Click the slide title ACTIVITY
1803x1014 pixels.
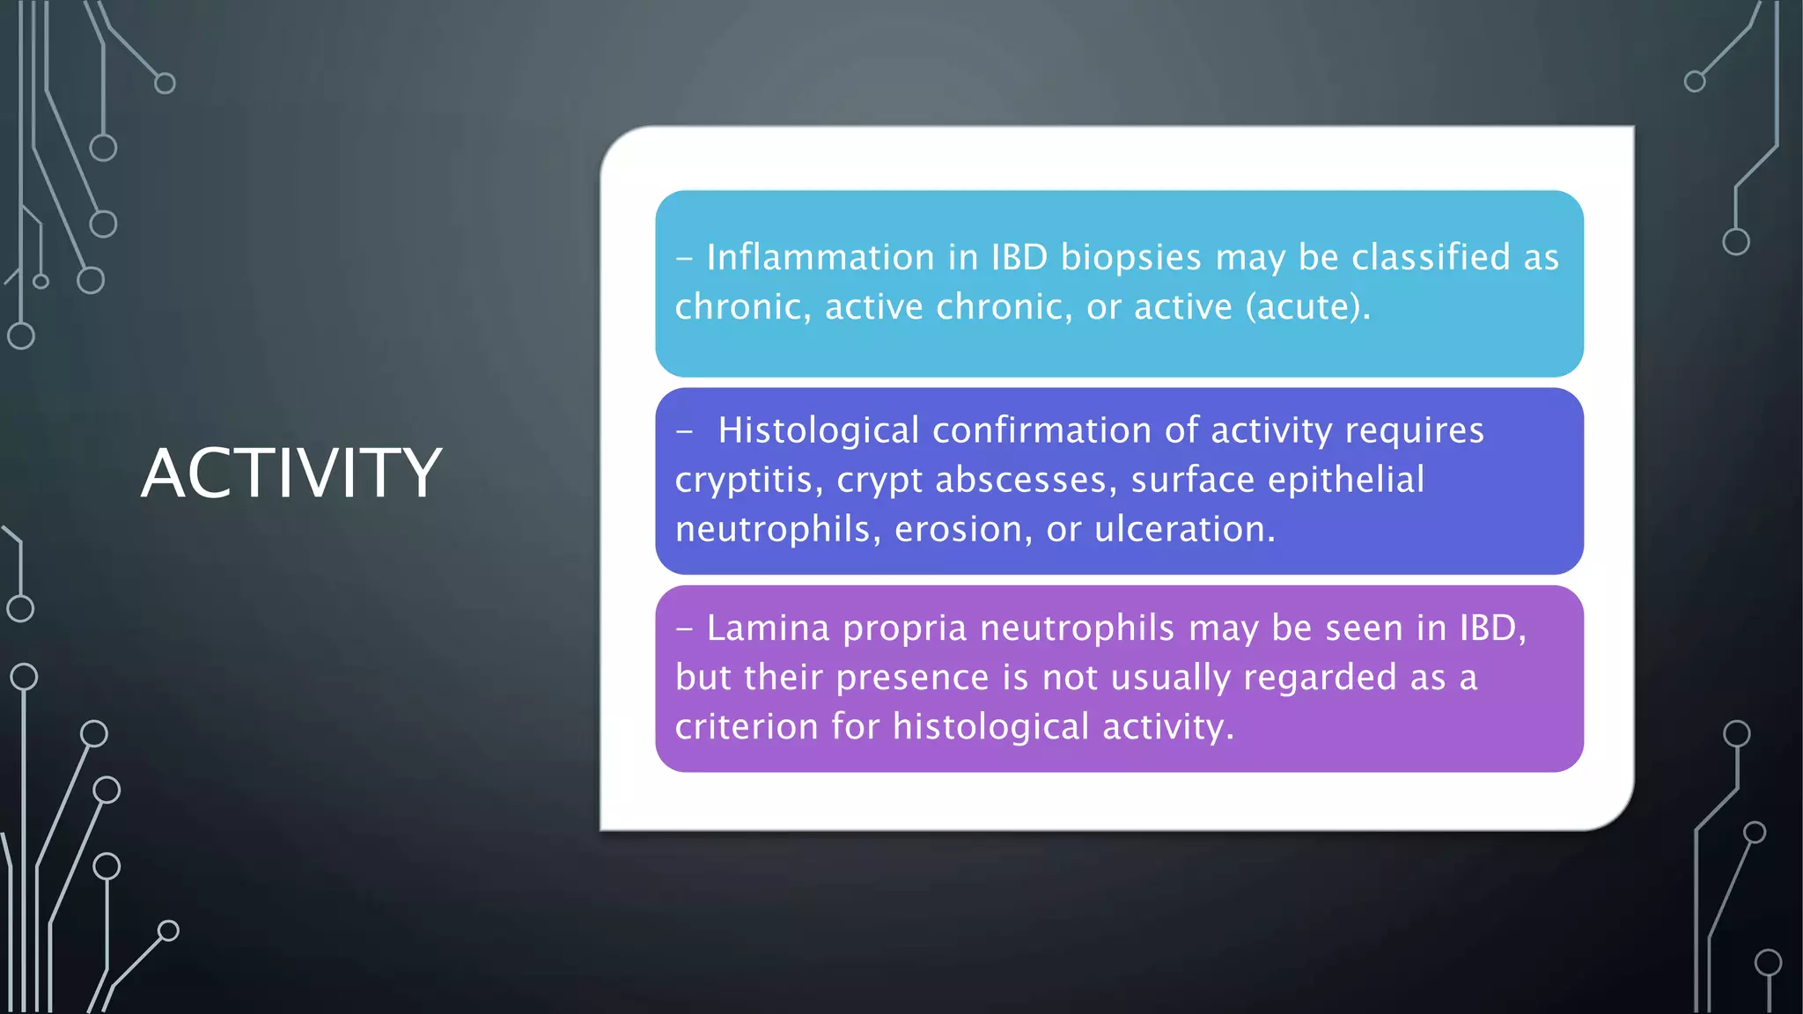(291, 474)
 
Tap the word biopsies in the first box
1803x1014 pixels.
(1130, 257)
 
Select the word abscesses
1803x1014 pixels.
(1020, 480)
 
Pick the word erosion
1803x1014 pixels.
(962, 529)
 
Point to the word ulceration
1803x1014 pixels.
(1182, 529)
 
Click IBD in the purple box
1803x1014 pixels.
(1489, 628)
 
